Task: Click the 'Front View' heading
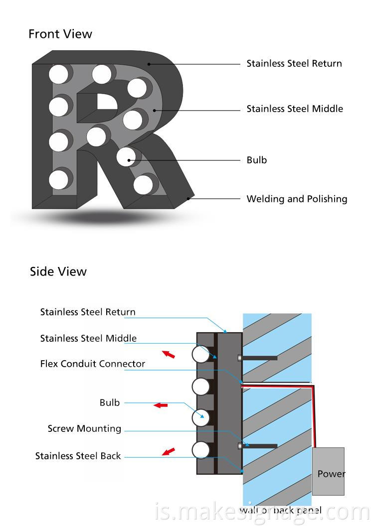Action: click(x=60, y=34)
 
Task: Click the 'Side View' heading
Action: click(x=58, y=271)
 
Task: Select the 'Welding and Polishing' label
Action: click(x=297, y=199)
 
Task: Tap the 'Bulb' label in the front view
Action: click(x=257, y=160)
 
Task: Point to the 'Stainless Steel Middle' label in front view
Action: click(x=295, y=109)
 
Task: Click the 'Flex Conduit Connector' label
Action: click(x=93, y=364)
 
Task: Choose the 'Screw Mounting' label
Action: click(x=84, y=428)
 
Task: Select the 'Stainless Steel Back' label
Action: click(x=78, y=456)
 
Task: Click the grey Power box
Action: click(x=328, y=471)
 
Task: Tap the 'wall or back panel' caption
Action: click(x=280, y=510)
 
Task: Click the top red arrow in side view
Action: click(x=169, y=354)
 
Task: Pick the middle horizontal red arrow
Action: click(x=161, y=405)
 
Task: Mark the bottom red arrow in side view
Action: click(x=169, y=451)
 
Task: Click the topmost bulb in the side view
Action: click(x=201, y=355)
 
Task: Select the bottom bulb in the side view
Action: click(x=201, y=450)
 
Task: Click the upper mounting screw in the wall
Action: click(x=257, y=358)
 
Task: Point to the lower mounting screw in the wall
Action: click(x=257, y=446)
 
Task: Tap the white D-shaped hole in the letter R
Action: click(x=107, y=101)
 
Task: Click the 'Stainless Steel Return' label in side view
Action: click(x=88, y=312)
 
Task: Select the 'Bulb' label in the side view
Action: click(x=110, y=402)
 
